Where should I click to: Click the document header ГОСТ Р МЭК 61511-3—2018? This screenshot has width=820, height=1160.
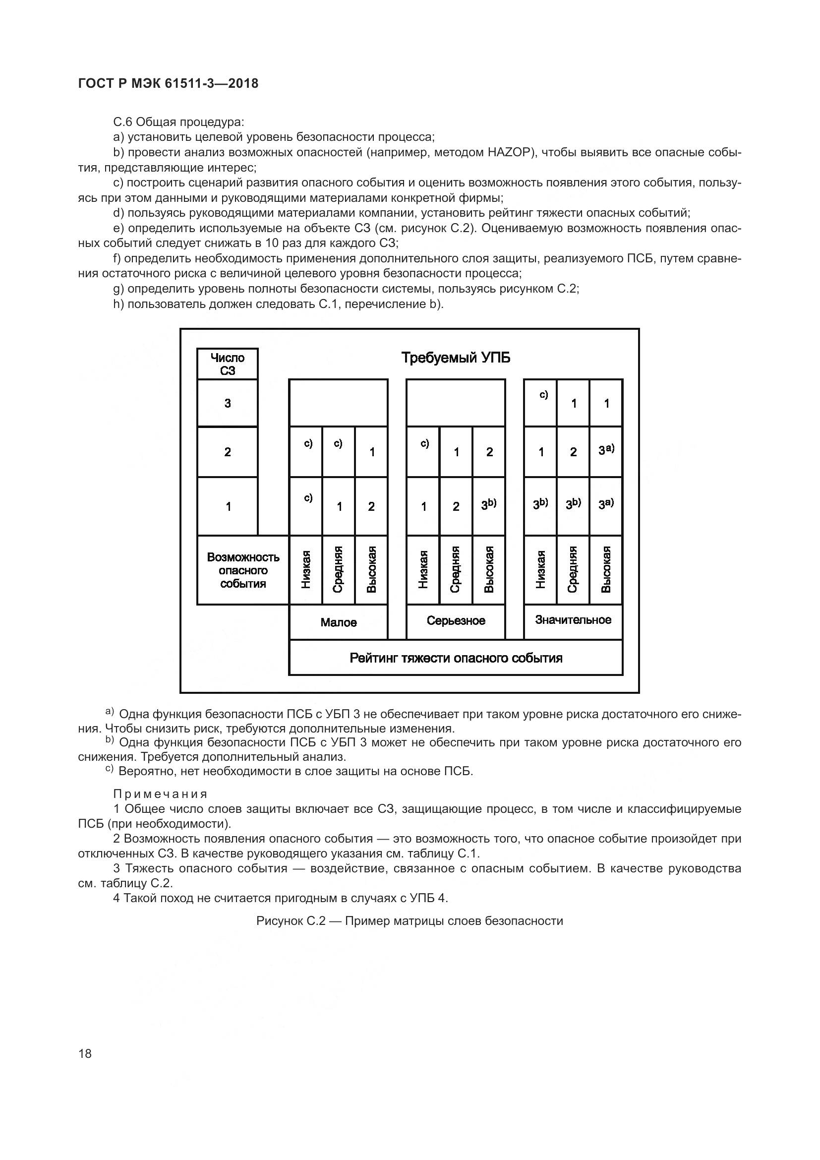pos(168,83)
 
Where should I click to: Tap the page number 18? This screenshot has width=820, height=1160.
pos(85,1053)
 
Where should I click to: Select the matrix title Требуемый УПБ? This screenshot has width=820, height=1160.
pos(456,358)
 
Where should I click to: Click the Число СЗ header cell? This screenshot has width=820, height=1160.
pos(227,364)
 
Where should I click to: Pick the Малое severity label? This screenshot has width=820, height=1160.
pos(338,622)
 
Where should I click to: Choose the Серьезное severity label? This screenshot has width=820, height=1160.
pos(456,620)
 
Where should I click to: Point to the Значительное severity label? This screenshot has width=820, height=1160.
pos(573,620)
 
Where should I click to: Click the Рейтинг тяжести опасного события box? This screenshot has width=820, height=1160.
pos(456,658)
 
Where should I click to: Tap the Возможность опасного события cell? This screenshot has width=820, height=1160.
pos(243,570)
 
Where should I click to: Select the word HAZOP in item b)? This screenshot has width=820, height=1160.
pos(509,152)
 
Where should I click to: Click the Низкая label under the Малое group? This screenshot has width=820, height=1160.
pos(306,569)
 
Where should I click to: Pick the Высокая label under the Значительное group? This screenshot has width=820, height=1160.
pos(606,569)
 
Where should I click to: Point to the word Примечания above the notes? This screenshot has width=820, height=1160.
pos(160,794)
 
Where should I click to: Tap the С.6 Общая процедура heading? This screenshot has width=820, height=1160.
pos(179,122)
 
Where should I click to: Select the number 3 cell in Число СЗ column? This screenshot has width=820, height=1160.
pos(227,403)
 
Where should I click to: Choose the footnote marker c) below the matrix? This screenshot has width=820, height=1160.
pos(110,770)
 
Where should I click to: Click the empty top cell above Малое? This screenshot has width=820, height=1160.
pos(338,403)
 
